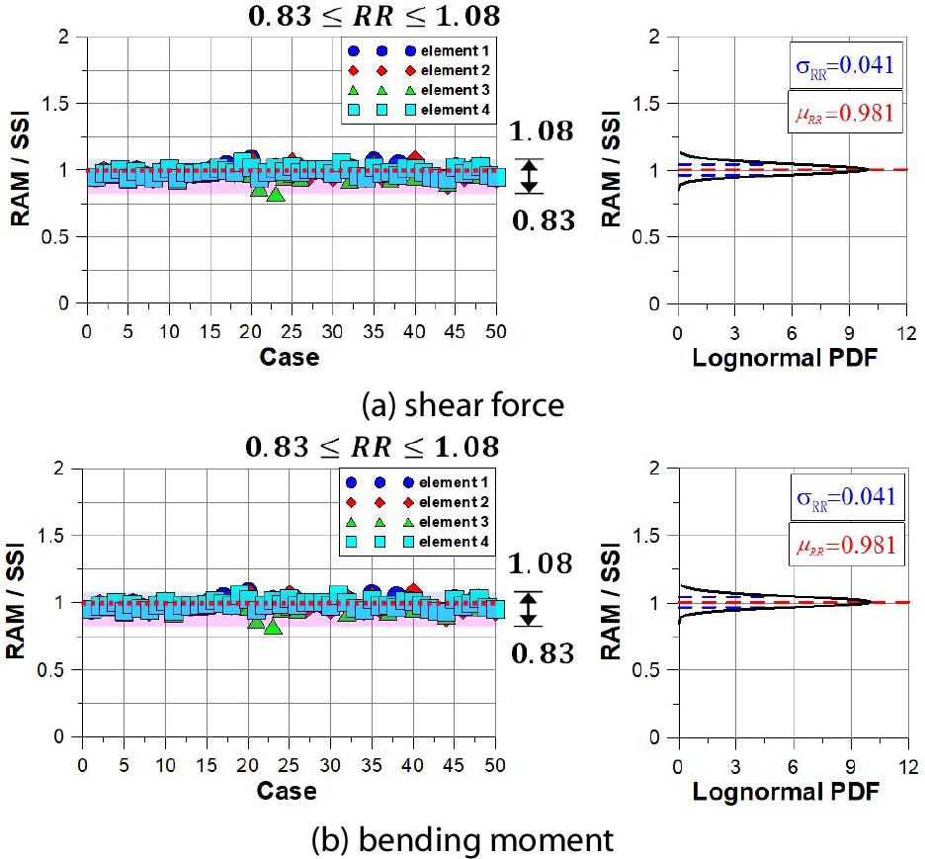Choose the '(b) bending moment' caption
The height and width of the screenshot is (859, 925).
point(462,840)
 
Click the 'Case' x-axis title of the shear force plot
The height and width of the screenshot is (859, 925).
point(290,358)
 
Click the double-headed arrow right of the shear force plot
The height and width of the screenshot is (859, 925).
point(530,176)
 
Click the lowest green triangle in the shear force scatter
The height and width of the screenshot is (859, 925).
point(276,196)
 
